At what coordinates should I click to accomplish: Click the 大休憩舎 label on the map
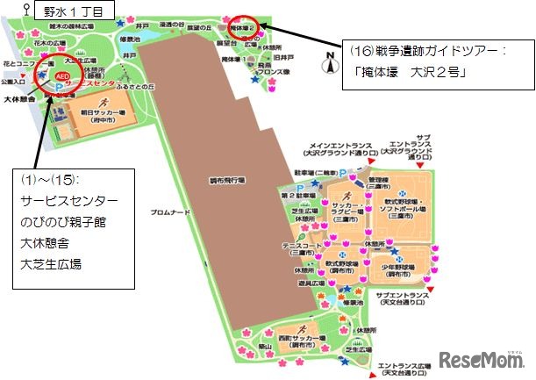[x=18, y=99]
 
